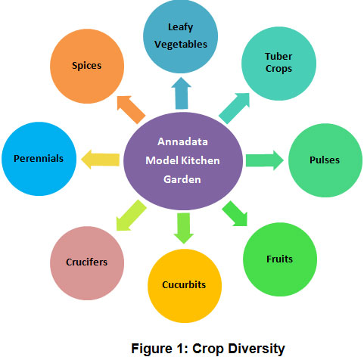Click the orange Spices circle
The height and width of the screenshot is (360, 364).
click(x=87, y=66)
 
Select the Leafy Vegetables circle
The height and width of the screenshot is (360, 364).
click(x=180, y=36)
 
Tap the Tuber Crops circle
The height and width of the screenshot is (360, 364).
click(x=278, y=64)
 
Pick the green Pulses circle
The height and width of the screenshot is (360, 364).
click(x=325, y=160)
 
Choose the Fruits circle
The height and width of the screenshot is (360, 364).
click(x=280, y=259)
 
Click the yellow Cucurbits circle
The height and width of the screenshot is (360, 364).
click(x=185, y=286)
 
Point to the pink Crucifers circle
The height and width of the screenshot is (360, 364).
click(x=87, y=263)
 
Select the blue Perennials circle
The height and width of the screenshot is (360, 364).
click(x=39, y=159)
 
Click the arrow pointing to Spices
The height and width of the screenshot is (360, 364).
click(x=131, y=110)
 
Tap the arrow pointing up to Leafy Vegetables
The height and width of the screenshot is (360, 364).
click(x=181, y=93)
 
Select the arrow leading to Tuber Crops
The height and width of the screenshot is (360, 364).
click(x=235, y=108)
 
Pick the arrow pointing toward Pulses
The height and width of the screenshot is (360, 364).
click(x=265, y=160)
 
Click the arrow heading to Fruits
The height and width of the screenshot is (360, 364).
click(x=235, y=213)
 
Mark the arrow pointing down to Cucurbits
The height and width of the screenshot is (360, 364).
click(x=184, y=228)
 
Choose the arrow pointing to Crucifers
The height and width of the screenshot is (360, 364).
click(x=131, y=215)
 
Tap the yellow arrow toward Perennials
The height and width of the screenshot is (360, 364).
click(x=100, y=160)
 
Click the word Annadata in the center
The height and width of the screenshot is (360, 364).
click(x=182, y=141)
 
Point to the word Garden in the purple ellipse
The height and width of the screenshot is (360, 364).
click(x=182, y=179)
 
